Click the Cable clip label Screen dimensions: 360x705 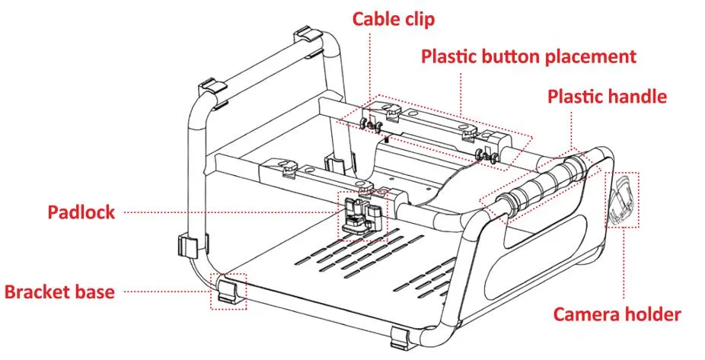(393, 19)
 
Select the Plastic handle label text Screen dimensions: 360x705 (607, 97)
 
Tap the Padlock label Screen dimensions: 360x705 (81, 212)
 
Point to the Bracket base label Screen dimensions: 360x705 (60, 292)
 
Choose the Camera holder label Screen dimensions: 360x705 (616, 314)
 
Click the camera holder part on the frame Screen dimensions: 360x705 (624, 201)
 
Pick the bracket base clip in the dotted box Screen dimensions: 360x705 (228, 292)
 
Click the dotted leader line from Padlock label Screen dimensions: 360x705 (228, 212)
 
